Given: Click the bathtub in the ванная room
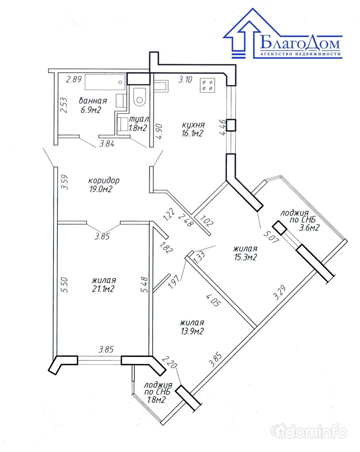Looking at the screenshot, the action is click(x=105, y=82).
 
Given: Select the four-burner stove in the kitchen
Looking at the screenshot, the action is click(x=207, y=85).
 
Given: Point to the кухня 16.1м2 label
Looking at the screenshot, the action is click(x=193, y=129).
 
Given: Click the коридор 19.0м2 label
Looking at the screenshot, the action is click(x=103, y=185).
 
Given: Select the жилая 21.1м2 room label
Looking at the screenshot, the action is click(x=104, y=285).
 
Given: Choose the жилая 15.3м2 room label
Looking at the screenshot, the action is click(x=245, y=253).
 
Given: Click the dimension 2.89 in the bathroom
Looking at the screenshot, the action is click(x=74, y=79).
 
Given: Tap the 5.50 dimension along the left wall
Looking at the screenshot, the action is click(x=65, y=285).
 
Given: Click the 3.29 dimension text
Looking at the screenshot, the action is click(x=279, y=292).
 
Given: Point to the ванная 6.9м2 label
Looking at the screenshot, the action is click(x=93, y=105).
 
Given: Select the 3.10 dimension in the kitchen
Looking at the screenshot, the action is click(x=185, y=79).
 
